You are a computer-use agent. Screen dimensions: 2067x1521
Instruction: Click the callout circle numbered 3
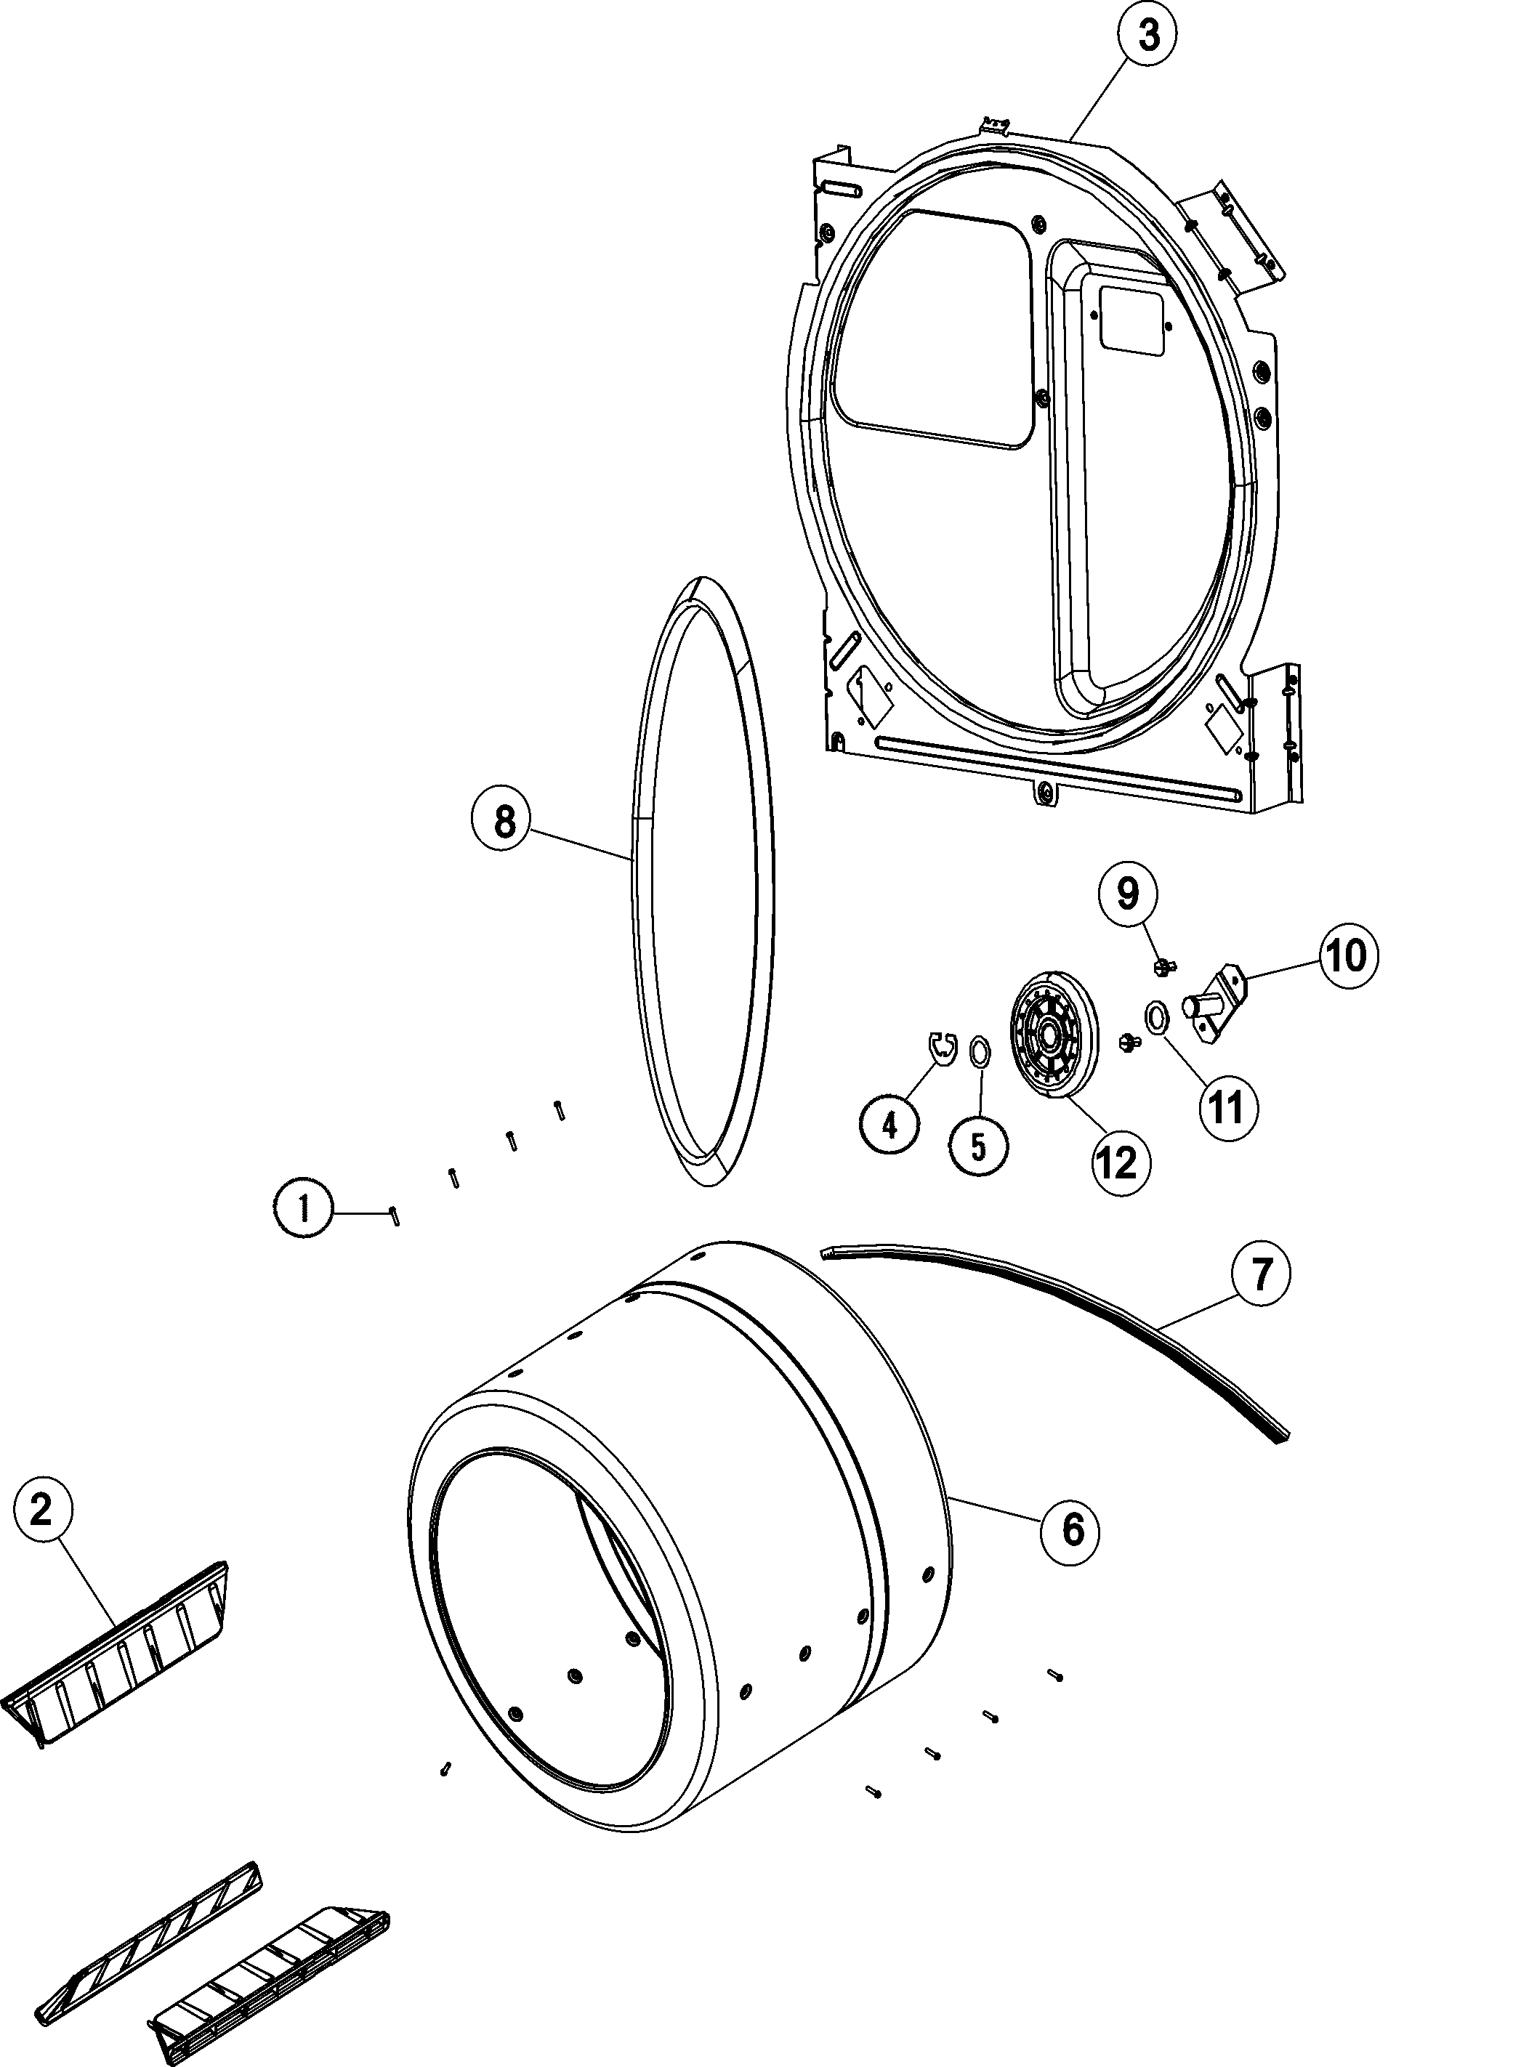[x=1148, y=38]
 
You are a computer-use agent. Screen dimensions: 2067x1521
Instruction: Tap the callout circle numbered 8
[x=504, y=822]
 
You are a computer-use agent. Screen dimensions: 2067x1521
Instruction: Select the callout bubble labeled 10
[x=1347, y=956]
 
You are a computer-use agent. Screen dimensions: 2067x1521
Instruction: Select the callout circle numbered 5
[x=979, y=1146]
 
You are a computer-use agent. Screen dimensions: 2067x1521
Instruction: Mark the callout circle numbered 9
[x=1128, y=893]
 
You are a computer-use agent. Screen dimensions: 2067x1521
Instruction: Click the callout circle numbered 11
[x=1228, y=1107]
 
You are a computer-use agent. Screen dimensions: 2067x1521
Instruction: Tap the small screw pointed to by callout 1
[x=394, y=1215]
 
